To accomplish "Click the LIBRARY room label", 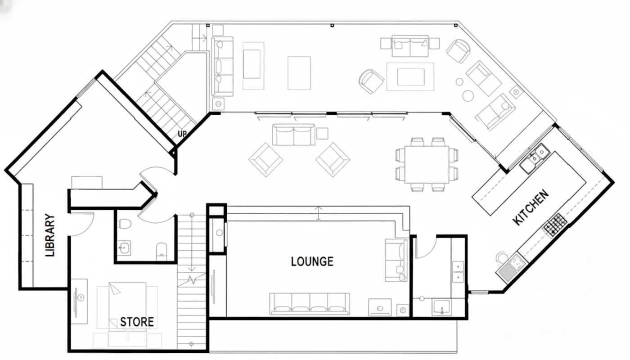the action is (50, 235).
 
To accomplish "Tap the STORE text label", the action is (137, 322).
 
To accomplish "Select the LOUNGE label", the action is (312, 261).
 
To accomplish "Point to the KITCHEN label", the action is (531, 207).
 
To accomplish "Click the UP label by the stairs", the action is (182, 134).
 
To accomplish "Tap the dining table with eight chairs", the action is (427, 165).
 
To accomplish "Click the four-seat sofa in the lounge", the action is (310, 304).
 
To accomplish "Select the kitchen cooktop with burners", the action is (555, 225).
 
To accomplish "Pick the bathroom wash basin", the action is (124, 248).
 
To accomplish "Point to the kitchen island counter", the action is (529, 184).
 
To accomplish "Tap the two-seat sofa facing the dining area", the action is (293, 135).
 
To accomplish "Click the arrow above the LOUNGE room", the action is (318, 213).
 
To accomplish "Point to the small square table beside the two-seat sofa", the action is (322, 134).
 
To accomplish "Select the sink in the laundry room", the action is (441, 307).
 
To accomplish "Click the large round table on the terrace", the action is (468, 95).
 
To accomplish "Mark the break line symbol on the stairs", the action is (192, 280).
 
